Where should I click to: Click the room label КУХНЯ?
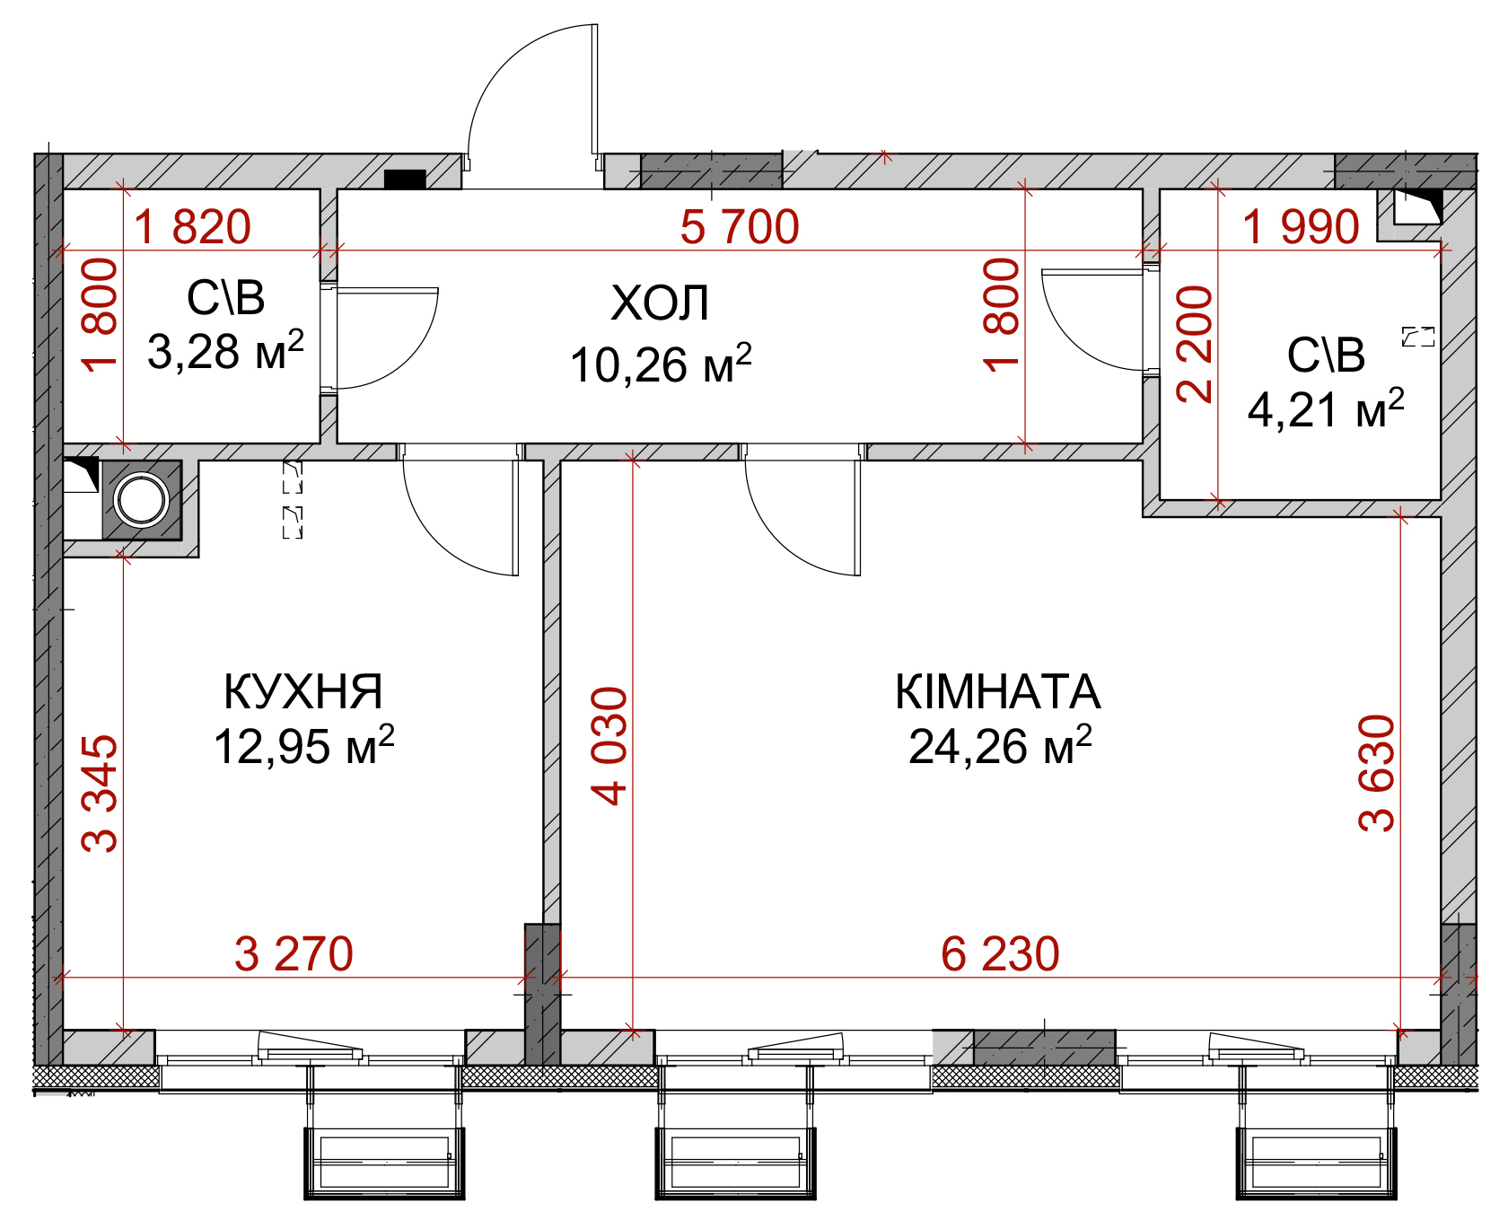(x=303, y=691)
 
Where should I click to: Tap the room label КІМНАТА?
(x=998, y=691)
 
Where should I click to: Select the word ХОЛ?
(x=661, y=303)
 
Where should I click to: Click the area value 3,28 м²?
(x=226, y=350)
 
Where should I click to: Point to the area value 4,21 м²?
(x=1326, y=409)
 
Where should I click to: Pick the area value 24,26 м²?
(x=1000, y=745)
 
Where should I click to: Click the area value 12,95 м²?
(x=304, y=745)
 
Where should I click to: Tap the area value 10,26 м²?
(x=661, y=364)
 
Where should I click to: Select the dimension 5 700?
(x=740, y=226)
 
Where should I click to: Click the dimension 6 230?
(x=1000, y=953)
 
